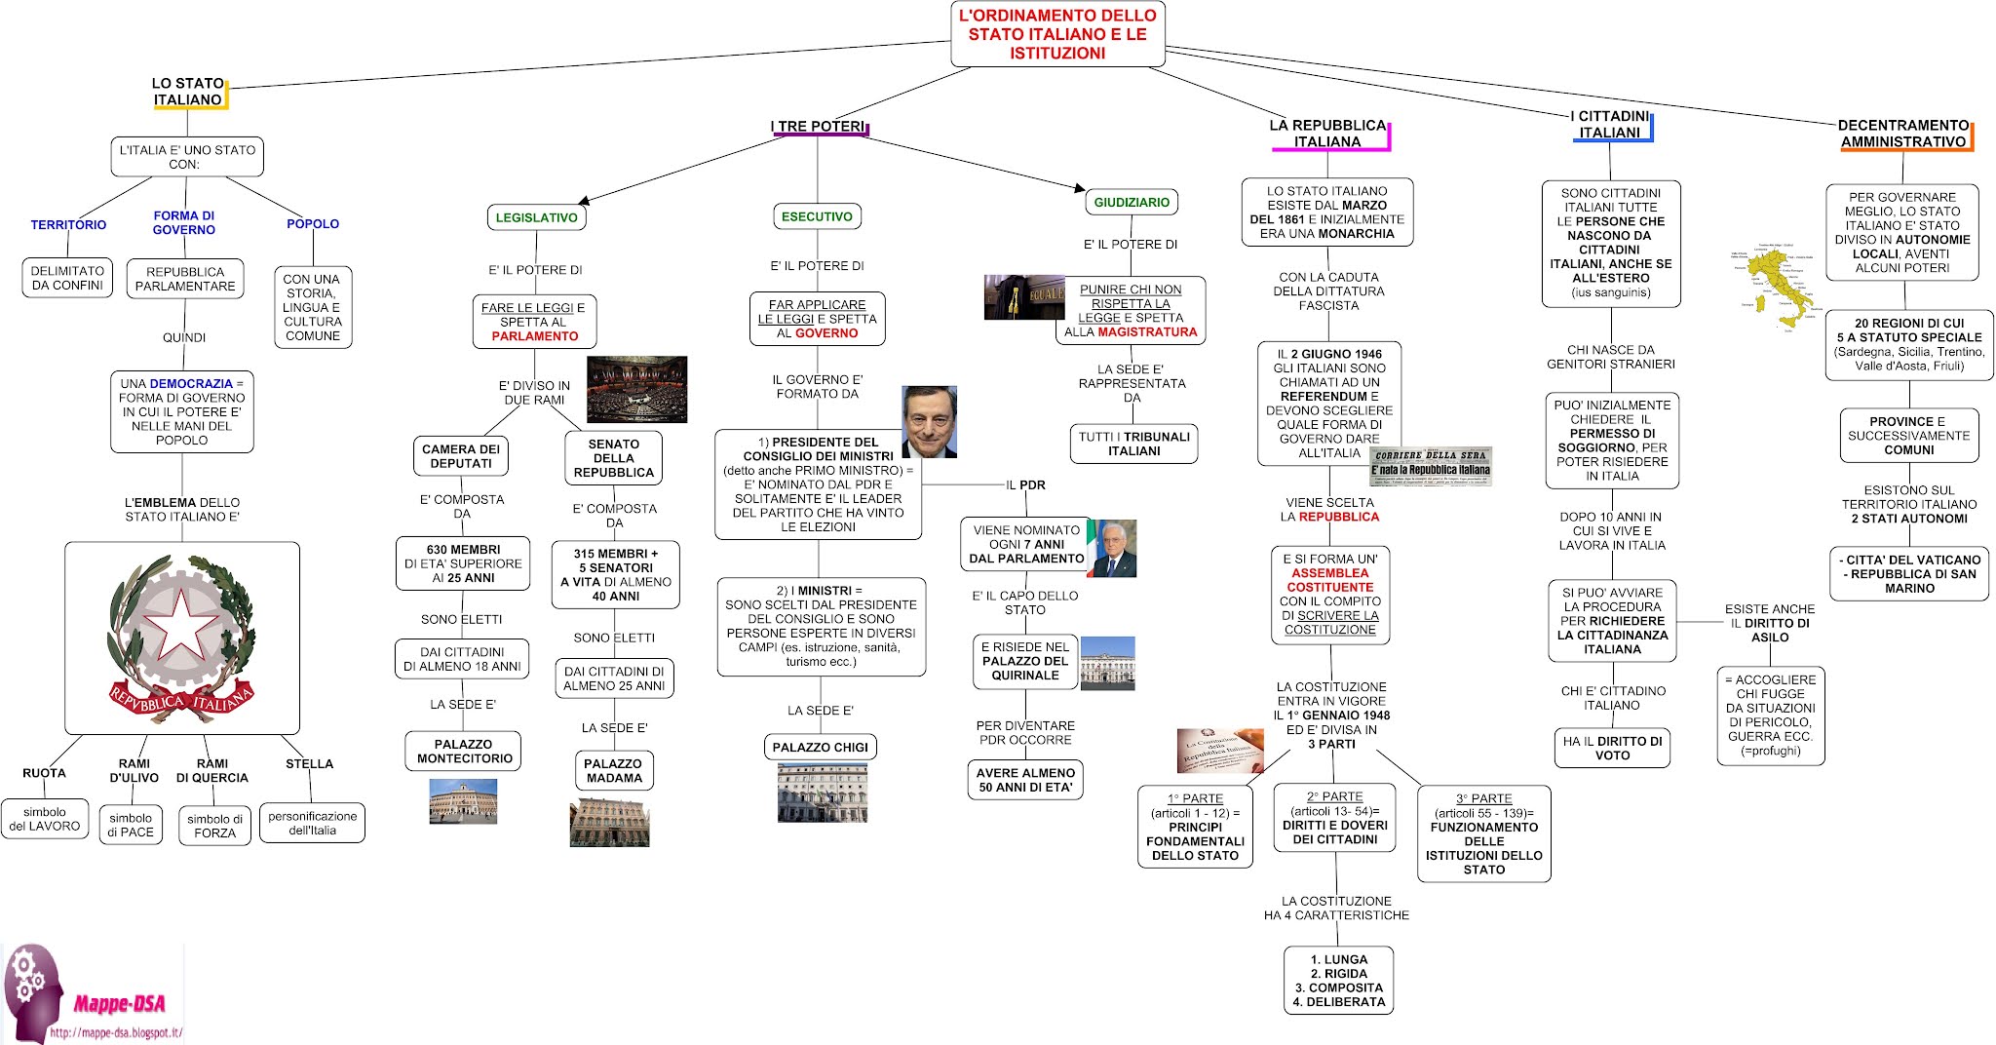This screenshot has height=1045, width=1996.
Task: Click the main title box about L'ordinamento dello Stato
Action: (x=1057, y=34)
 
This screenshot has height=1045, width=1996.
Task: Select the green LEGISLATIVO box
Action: (x=536, y=217)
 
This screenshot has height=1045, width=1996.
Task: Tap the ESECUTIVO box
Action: (x=817, y=216)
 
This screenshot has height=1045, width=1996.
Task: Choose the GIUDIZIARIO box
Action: (x=1132, y=203)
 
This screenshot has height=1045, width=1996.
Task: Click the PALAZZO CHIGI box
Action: (x=820, y=748)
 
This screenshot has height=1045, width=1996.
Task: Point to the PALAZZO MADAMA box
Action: (x=613, y=771)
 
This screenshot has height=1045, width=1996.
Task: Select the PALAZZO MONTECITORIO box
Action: (x=464, y=752)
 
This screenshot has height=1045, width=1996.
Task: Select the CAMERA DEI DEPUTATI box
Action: (x=461, y=456)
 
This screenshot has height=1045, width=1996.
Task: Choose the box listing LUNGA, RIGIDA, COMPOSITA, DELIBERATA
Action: (x=1338, y=981)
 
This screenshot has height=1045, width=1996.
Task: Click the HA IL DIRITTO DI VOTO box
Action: (x=1612, y=748)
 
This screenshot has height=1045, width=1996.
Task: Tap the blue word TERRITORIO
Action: (x=68, y=224)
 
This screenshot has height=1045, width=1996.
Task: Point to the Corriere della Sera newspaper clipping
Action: (x=1431, y=466)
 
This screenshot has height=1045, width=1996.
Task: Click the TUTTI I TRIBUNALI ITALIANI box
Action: (x=1133, y=444)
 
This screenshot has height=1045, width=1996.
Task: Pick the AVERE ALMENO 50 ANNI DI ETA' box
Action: (x=1025, y=780)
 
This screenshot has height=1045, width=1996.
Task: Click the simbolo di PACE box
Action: (x=131, y=825)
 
